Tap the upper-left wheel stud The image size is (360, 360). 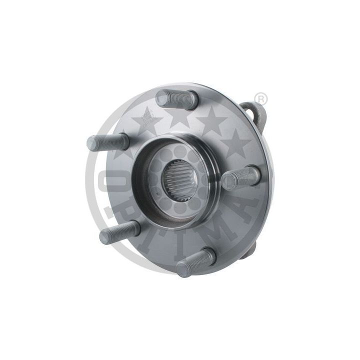click(x=107, y=142)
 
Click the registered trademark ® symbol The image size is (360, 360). click(x=261, y=98)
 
